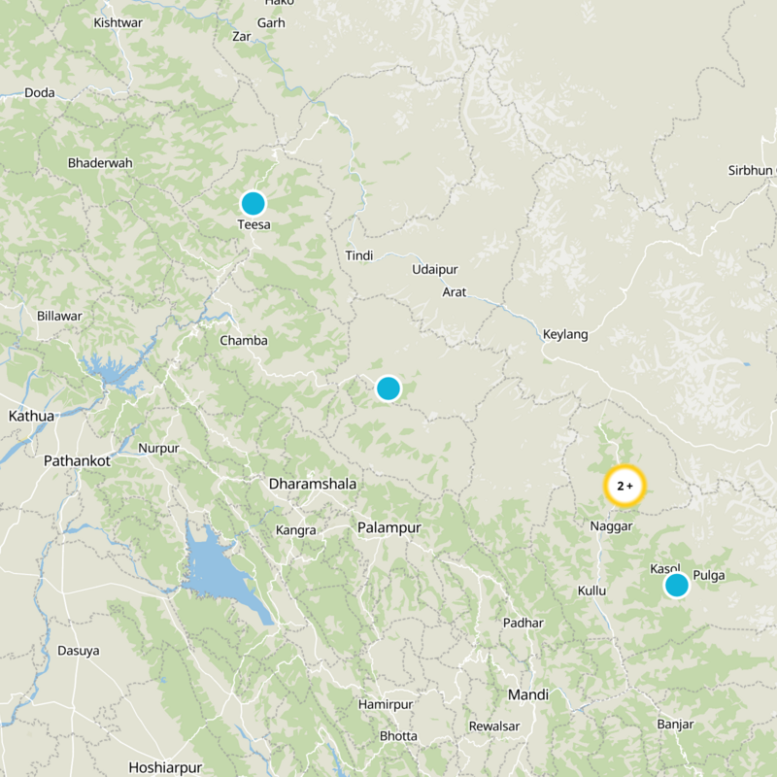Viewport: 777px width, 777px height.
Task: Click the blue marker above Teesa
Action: pyautogui.click(x=253, y=203)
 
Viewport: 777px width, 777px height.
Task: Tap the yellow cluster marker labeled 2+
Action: pyautogui.click(x=625, y=486)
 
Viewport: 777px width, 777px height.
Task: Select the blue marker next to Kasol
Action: pyautogui.click(x=676, y=585)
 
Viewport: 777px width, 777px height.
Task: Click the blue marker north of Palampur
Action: pyautogui.click(x=388, y=388)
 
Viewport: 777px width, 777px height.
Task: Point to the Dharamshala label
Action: pyautogui.click(x=313, y=484)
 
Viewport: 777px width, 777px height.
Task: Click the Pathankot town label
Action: pyautogui.click(x=77, y=460)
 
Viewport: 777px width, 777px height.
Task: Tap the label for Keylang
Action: pyautogui.click(x=565, y=334)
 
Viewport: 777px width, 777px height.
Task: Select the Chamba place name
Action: pyautogui.click(x=243, y=341)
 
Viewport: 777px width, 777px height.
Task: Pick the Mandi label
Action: pyautogui.click(x=527, y=694)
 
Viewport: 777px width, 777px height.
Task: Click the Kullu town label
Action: pyautogui.click(x=591, y=591)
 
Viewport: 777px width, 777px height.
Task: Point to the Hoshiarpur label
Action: pyautogui.click(x=163, y=765)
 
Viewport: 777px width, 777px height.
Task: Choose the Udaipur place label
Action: pyautogui.click(x=434, y=269)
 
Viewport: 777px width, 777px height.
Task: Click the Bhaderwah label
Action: pyautogui.click(x=100, y=163)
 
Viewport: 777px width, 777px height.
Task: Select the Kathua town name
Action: pyautogui.click(x=31, y=416)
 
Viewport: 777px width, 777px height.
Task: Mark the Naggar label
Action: pyautogui.click(x=611, y=525)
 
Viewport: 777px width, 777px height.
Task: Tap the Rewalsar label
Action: pyautogui.click(x=494, y=726)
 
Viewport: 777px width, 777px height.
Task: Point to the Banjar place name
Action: pyautogui.click(x=675, y=725)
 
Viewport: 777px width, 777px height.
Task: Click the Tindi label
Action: pyautogui.click(x=359, y=255)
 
